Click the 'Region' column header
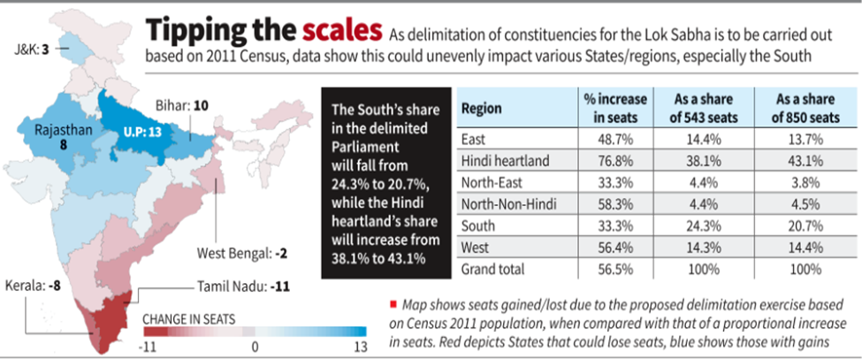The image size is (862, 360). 482,109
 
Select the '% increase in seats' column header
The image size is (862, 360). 615,109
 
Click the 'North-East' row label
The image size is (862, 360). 491,182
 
